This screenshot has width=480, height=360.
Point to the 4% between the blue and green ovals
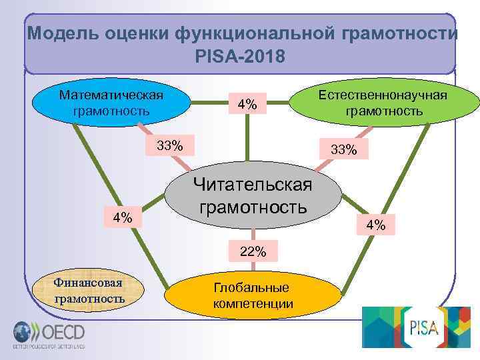247,104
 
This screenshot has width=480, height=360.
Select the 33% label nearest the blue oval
170,145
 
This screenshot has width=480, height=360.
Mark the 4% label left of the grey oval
122,217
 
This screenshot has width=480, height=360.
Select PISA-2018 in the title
240,56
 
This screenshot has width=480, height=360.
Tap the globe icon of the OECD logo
21,332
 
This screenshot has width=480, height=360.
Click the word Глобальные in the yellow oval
251,287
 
